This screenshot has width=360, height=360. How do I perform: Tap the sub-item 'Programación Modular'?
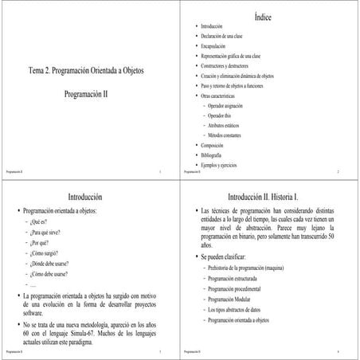(233, 298)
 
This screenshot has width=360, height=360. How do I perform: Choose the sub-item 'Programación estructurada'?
(237, 279)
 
